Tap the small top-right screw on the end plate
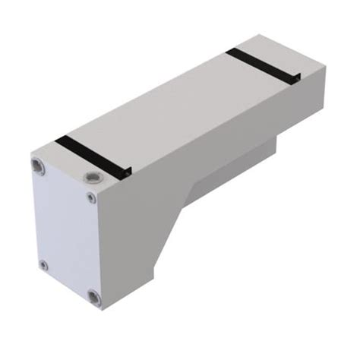point(91,198)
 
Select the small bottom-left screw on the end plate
point(43,265)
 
